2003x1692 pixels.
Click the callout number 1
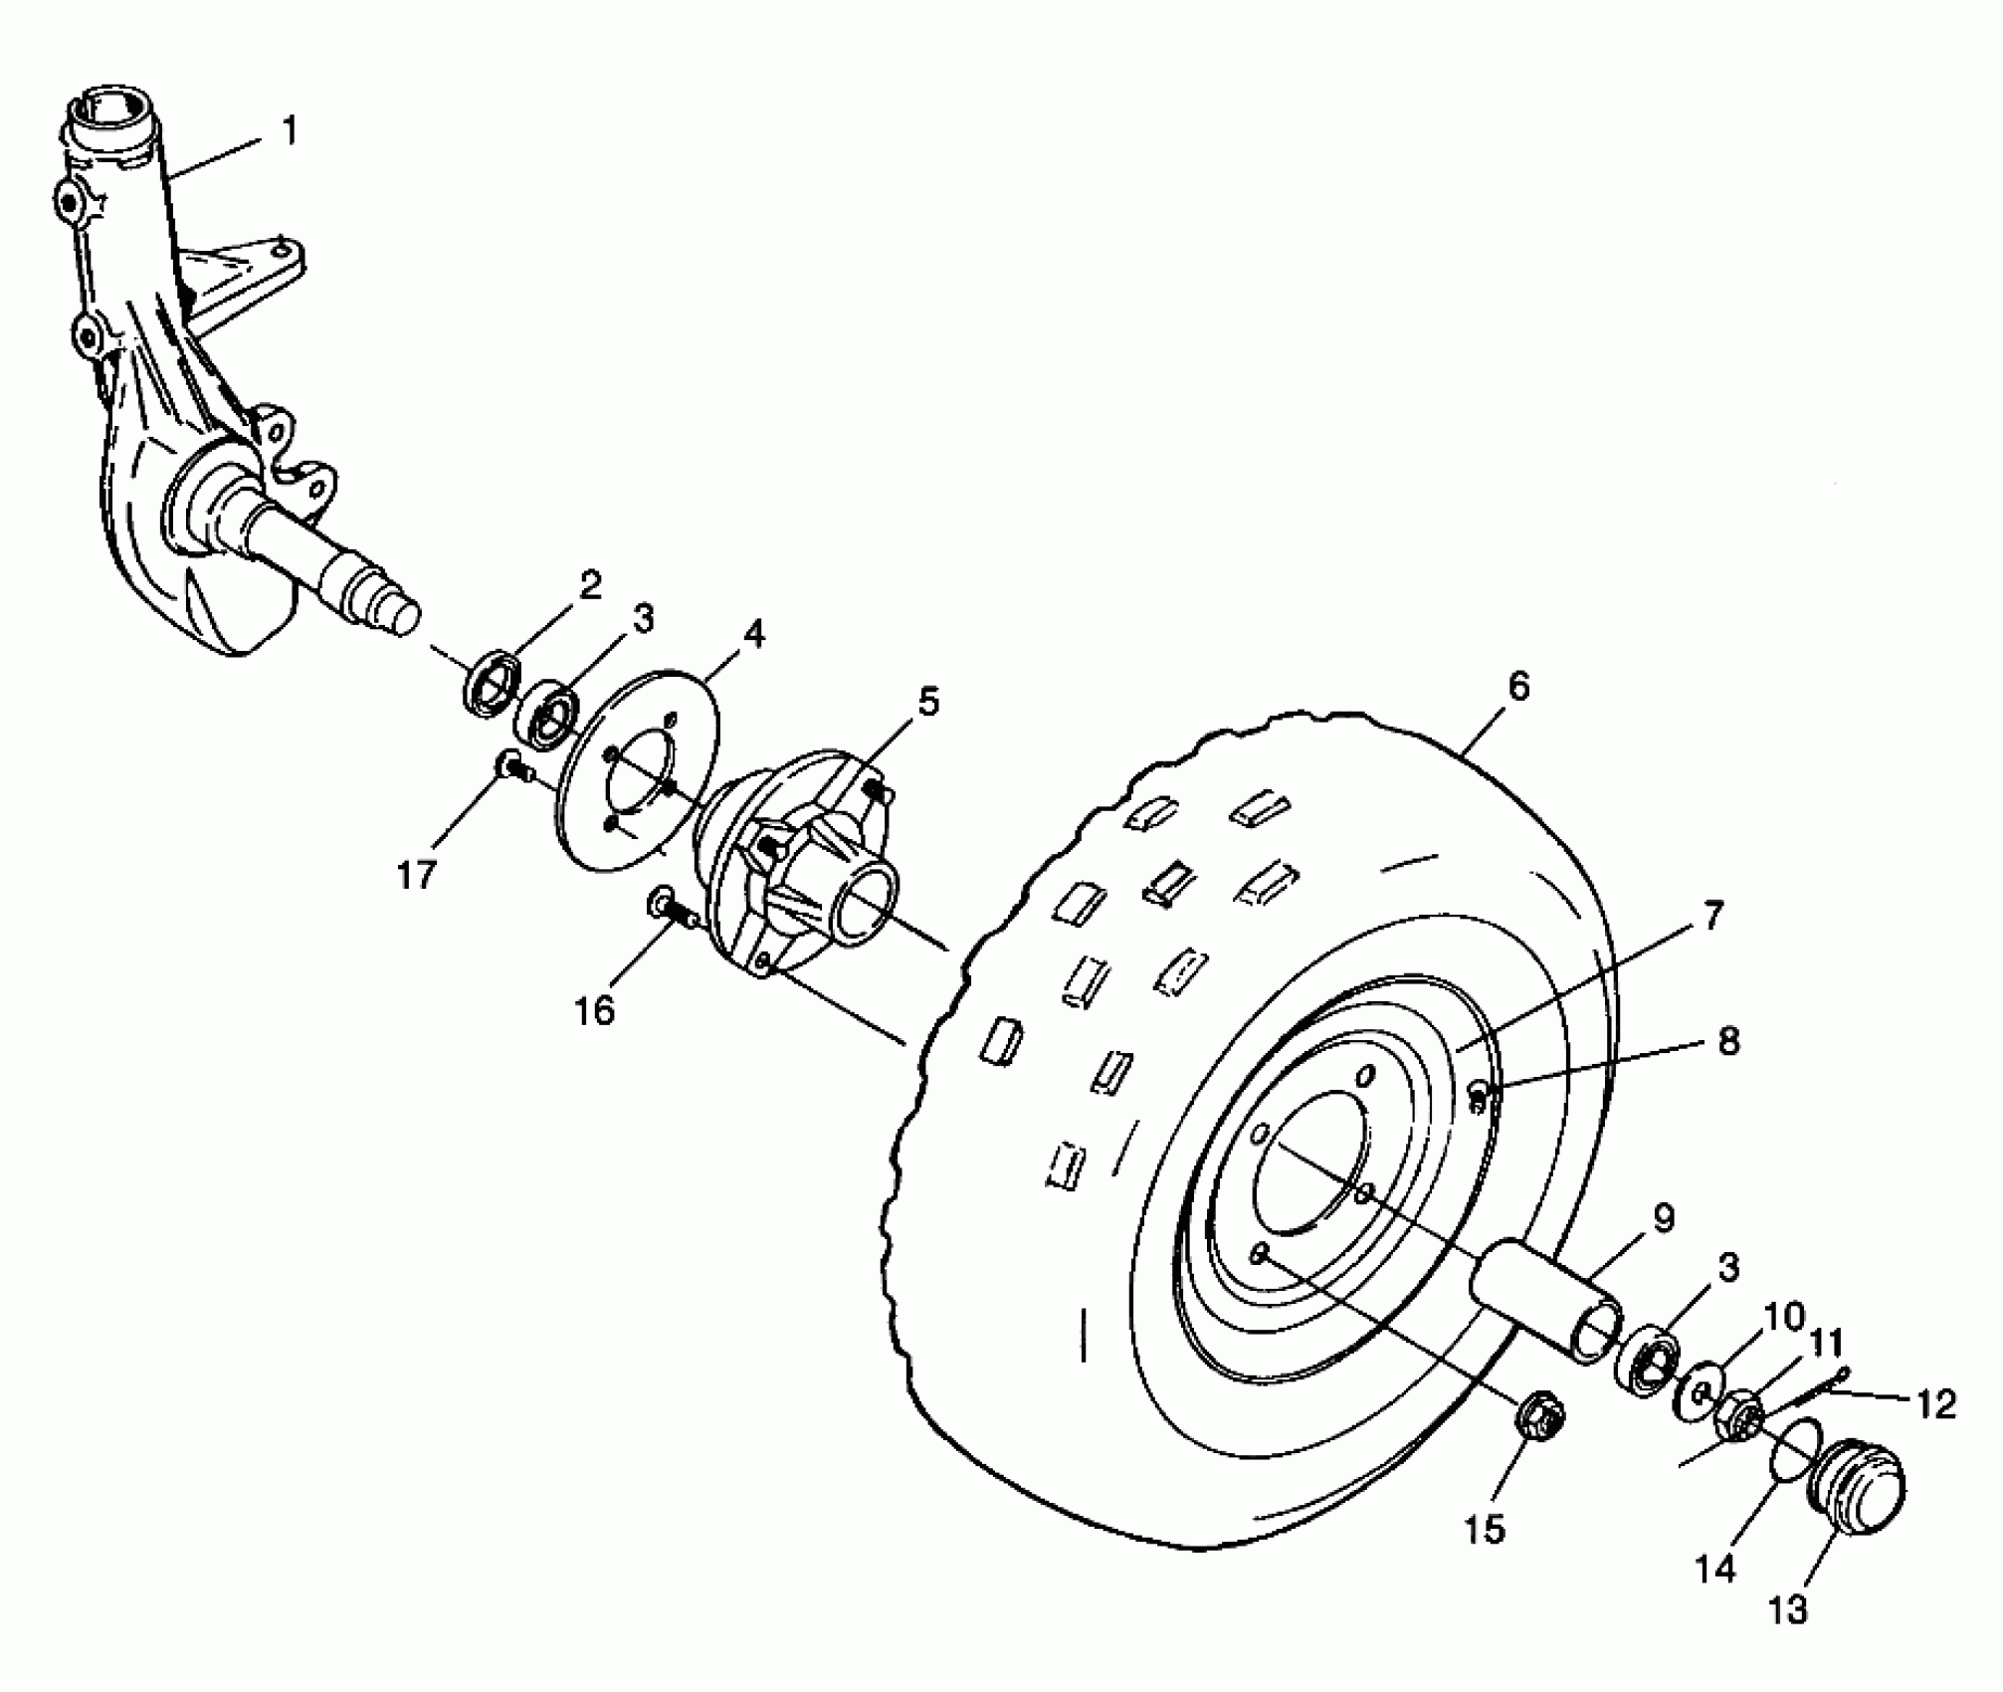pyautogui.click(x=290, y=131)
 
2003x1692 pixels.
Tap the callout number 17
pyautogui.click(x=417, y=875)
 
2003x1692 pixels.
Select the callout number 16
pyautogui.click(x=595, y=1011)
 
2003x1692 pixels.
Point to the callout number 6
pyautogui.click(x=1518, y=686)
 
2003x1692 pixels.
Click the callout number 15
pyautogui.click(x=1484, y=1530)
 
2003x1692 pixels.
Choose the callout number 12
pyautogui.click(x=1934, y=1404)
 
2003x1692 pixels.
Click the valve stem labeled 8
pyautogui.click(x=1479, y=1098)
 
